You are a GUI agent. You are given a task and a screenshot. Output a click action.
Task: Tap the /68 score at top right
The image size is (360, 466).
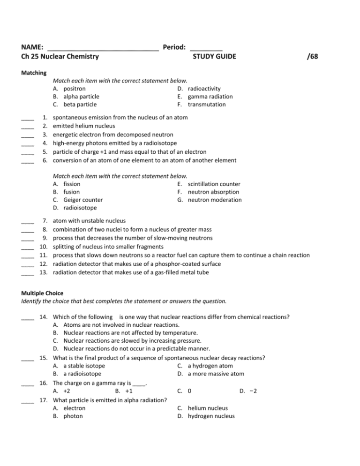tap(313, 57)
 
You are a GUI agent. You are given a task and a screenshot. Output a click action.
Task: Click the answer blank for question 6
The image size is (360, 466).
tap(28, 160)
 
